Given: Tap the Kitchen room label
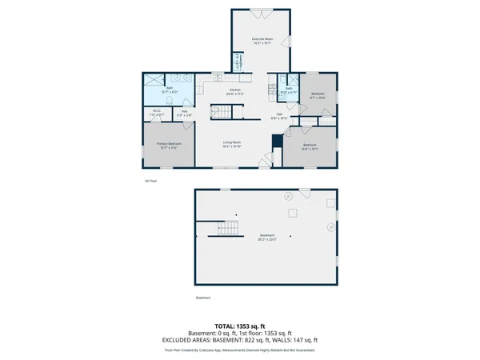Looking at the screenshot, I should coord(235,91).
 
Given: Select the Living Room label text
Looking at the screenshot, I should coord(232,144).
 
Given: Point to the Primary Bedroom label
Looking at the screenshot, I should coord(170,146).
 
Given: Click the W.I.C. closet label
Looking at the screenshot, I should coord(157,113).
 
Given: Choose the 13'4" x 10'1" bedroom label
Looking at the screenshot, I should coord(310,146).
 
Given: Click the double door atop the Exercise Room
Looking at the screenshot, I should coord(261,13).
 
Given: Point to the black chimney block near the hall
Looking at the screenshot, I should coord(277,142).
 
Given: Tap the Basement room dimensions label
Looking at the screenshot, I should coord(266,238).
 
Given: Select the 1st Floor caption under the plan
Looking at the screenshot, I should coord(150,181).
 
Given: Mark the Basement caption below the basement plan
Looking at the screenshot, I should coord(203,299).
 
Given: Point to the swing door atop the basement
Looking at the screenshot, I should coord(305,194).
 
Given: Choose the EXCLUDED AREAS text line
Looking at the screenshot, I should coord(240,342).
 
